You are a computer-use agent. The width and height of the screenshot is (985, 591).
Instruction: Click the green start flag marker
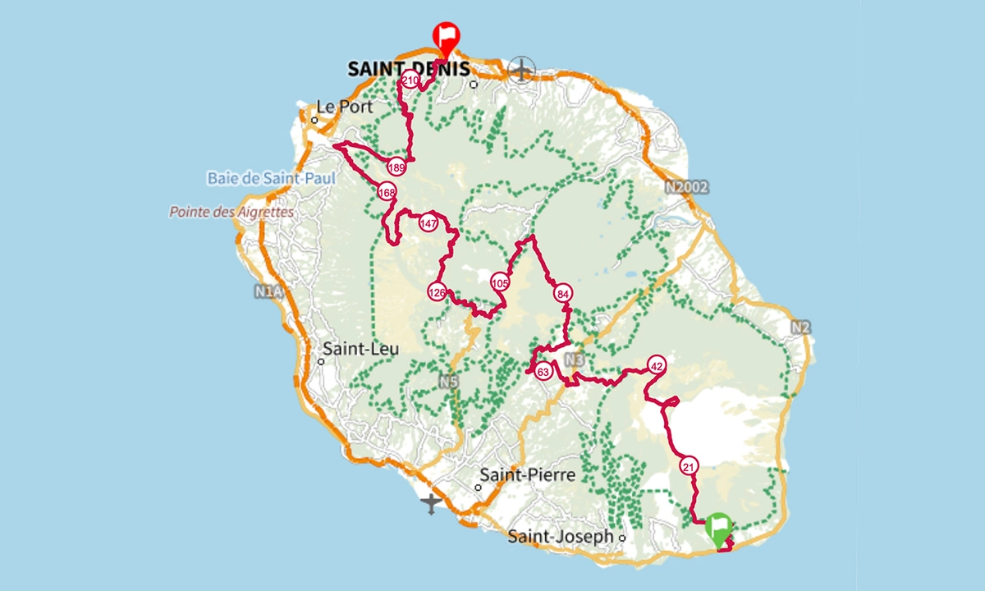(x=719, y=527)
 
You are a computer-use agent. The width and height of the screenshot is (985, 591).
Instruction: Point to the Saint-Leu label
(x=360, y=349)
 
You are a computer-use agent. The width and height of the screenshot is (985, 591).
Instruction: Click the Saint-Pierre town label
(x=527, y=474)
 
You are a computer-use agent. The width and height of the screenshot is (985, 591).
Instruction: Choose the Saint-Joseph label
(x=561, y=537)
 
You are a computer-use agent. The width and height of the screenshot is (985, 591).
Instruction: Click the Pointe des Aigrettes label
(x=231, y=212)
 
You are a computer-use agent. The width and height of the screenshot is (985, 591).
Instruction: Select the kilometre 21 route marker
(x=689, y=465)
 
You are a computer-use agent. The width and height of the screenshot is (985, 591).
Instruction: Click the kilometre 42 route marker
(x=656, y=365)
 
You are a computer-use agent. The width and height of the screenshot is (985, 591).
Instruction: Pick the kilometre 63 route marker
(x=543, y=372)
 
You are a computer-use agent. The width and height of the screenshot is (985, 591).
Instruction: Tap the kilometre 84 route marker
(x=562, y=293)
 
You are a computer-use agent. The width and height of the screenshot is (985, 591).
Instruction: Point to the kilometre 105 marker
(x=500, y=282)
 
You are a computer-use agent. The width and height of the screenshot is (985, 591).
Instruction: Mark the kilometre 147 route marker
(x=428, y=223)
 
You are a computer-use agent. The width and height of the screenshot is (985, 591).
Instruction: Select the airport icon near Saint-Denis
(x=521, y=70)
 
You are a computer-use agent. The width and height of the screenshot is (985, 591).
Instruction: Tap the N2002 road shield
(x=686, y=187)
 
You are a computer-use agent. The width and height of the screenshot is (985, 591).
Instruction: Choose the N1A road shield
(x=268, y=291)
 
